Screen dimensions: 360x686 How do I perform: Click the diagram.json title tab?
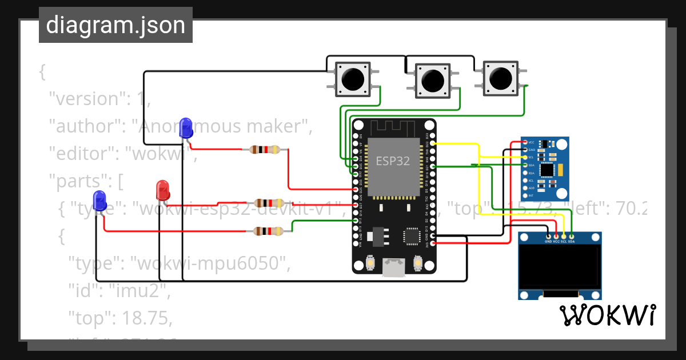(x=115, y=25)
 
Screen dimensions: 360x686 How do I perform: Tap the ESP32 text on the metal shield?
(x=392, y=161)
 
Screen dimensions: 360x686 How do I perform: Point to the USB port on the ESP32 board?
(x=394, y=267)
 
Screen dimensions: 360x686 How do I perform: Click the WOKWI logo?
(x=607, y=315)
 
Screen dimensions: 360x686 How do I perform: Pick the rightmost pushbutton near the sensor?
(x=501, y=77)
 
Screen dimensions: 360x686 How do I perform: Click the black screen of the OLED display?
(x=560, y=267)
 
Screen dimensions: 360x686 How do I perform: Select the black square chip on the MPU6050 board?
(x=547, y=170)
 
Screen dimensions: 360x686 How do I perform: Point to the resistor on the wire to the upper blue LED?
(x=265, y=150)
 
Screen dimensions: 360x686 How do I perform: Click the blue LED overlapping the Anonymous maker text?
(x=186, y=127)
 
